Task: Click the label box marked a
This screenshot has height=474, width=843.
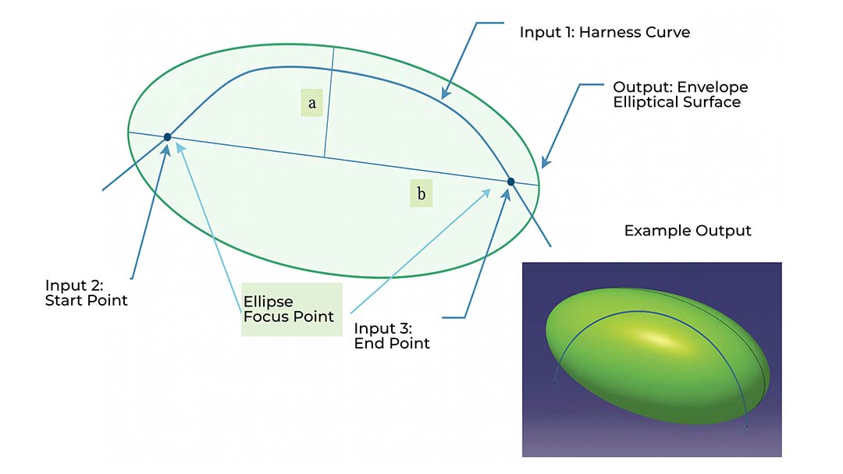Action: point(312,103)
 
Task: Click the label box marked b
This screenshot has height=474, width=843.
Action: point(421,193)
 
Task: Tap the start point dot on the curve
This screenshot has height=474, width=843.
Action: point(167,137)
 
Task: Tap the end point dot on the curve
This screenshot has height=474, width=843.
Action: point(511,182)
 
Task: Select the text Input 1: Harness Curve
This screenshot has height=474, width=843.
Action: point(605,34)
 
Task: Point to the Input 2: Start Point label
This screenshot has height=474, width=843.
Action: point(86,292)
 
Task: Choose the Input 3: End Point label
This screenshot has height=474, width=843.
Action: point(392,335)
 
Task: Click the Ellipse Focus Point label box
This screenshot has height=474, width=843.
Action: point(291,309)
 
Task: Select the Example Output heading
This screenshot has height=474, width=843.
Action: point(688,231)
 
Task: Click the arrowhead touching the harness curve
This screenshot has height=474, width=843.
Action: point(445,94)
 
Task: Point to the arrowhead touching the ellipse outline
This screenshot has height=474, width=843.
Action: point(544,163)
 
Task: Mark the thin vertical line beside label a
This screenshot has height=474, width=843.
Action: point(329,101)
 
